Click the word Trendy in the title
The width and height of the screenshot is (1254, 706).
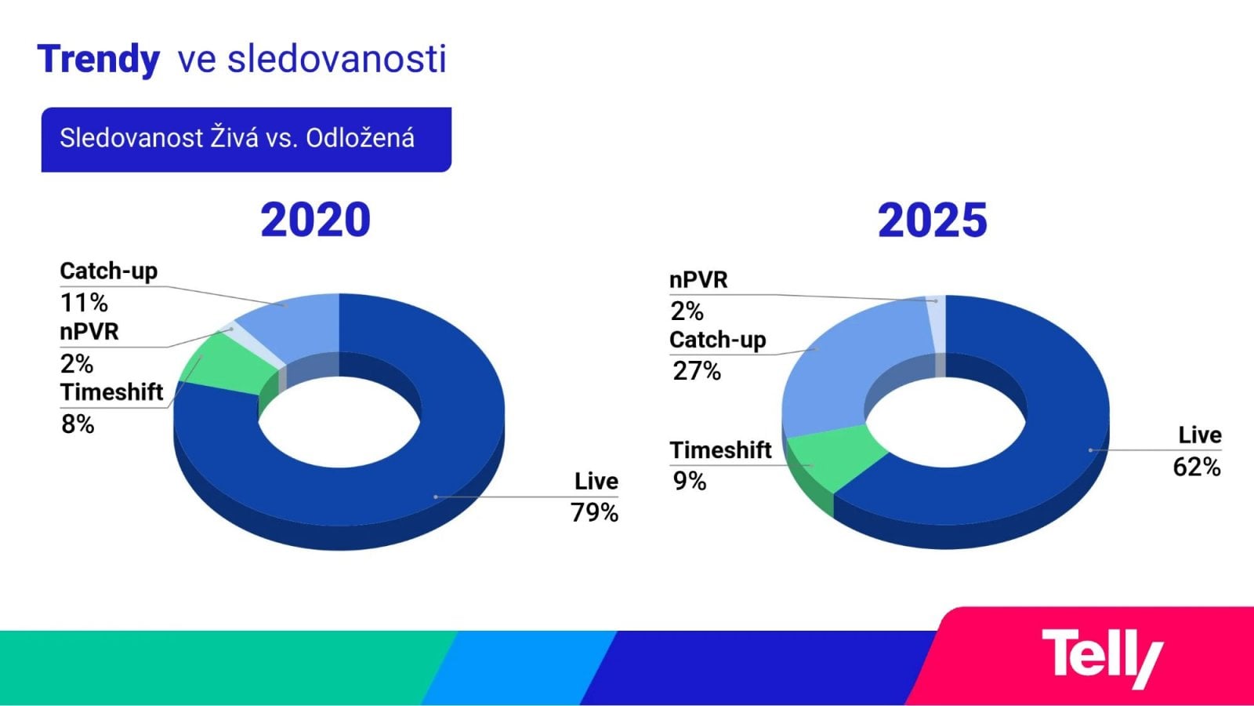tap(98, 60)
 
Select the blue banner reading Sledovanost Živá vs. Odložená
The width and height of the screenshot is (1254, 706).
tap(245, 139)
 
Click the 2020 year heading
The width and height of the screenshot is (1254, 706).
tap(315, 220)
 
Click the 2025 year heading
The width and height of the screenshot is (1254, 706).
tap(932, 220)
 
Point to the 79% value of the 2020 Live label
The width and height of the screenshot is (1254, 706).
tap(594, 512)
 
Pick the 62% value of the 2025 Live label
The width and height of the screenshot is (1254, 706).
tap(1196, 467)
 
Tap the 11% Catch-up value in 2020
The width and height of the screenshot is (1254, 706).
tap(83, 302)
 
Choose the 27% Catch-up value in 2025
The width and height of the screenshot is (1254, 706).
tap(696, 370)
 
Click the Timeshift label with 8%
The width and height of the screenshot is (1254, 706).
tap(111, 392)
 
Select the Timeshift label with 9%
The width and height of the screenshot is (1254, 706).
tap(720, 450)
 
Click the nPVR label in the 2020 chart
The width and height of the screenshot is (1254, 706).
tap(89, 332)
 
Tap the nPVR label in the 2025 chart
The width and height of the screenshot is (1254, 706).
tap(698, 280)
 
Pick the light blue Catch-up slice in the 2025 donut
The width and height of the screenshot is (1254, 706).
tap(839, 369)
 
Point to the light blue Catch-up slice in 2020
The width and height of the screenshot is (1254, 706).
tap(298, 322)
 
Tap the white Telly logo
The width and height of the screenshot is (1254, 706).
tap(1101, 657)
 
